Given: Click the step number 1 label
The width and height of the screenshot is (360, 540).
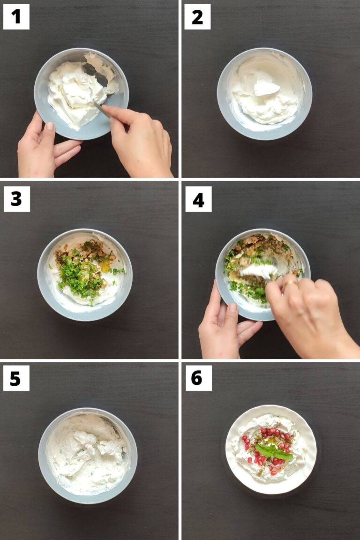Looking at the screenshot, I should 16,17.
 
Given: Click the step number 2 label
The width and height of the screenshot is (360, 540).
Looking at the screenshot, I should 197,17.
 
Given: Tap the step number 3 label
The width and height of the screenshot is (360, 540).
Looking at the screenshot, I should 16,199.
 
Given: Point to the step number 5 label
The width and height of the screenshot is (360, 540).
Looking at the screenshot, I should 16,378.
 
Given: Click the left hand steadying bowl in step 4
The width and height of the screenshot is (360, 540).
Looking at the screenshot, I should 225,323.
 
